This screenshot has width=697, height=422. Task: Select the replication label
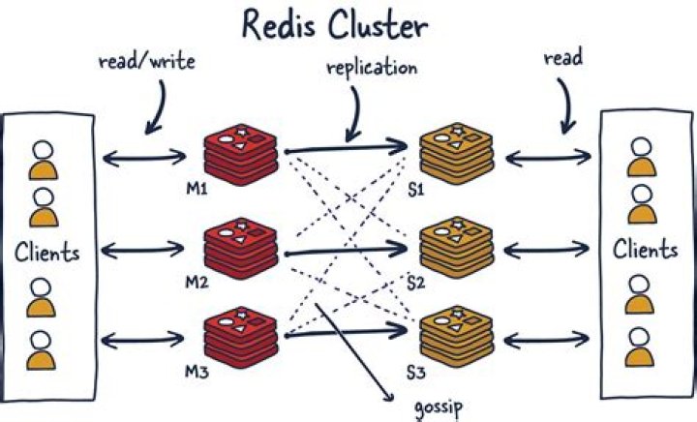(x=373, y=69)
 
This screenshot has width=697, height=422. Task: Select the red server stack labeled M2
(x=241, y=242)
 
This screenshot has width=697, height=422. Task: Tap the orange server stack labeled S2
(x=453, y=242)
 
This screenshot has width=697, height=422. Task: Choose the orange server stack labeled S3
(x=453, y=331)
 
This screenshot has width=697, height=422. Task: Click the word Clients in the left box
(x=45, y=253)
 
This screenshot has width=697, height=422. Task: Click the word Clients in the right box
(x=645, y=250)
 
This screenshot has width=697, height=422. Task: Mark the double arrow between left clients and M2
(x=142, y=251)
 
